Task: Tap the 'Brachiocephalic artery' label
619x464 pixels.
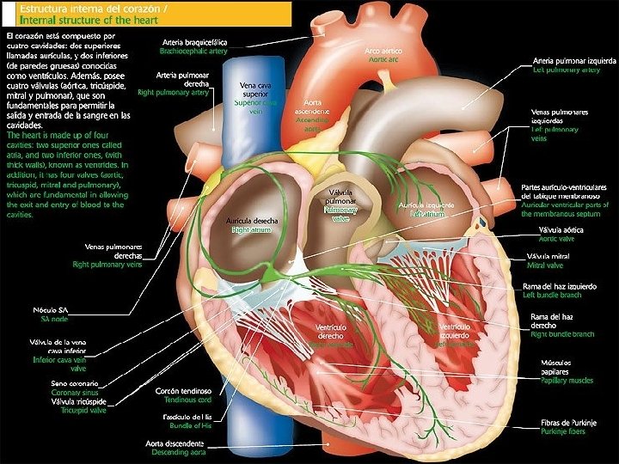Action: (193, 51)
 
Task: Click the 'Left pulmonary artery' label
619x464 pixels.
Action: (566, 70)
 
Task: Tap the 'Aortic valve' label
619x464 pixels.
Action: (556, 239)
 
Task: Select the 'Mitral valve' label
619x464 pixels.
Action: (550, 266)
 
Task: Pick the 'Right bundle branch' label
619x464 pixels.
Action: (562, 334)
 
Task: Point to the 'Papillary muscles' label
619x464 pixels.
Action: (567, 380)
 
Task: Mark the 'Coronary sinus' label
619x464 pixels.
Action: (77, 392)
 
